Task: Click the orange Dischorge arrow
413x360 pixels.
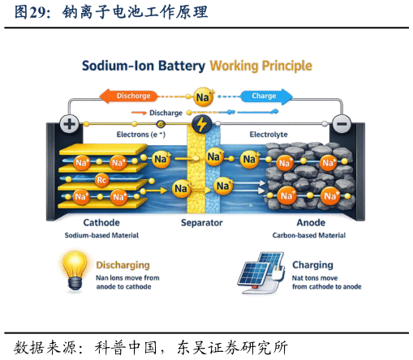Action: tap(129, 96)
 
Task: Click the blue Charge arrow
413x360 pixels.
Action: tap(266, 96)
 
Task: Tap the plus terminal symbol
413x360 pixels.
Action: tap(69, 124)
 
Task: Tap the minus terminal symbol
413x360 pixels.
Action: tap(342, 124)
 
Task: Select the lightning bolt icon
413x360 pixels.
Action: tap(201, 124)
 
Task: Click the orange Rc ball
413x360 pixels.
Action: tap(101, 180)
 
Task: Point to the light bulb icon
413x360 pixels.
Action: tap(75, 271)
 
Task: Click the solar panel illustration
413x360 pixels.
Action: tap(261, 272)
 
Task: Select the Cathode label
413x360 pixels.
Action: tap(101, 223)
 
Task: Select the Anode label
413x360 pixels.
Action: tap(311, 223)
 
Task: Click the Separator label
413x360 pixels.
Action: tap(202, 223)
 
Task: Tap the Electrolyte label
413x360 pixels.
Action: tap(269, 135)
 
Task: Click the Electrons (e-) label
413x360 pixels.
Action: tap(141, 135)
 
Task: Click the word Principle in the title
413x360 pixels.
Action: tap(287, 66)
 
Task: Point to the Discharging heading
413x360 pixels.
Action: tap(123, 265)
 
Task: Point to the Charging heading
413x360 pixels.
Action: tap(312, 265)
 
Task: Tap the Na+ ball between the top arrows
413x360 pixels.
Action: tap(203, 96)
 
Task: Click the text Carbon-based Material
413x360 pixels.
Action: tap(309, 235)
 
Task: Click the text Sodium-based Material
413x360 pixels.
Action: tap(101, 235)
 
